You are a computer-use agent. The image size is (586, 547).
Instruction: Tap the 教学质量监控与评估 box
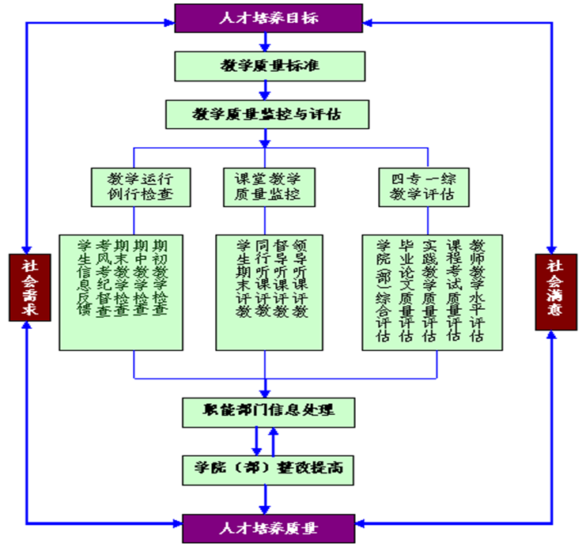click(x=267, y=114)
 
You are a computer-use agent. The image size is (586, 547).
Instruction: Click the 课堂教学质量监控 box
click(x=267, y=186)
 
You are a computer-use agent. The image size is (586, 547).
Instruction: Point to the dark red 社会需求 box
click(x=28, y=287)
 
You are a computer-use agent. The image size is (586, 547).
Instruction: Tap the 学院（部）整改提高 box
click(x=267, y=470)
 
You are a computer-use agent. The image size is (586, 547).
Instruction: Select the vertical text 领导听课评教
click(x=299, y=277)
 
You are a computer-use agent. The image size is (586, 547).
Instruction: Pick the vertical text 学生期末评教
click(x=243, y=277)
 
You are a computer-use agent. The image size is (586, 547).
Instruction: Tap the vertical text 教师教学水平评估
click(x=476, y=289)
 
